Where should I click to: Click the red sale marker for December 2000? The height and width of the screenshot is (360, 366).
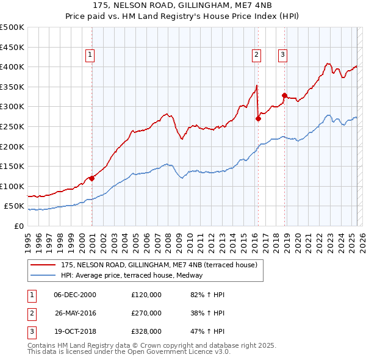coord(91,178)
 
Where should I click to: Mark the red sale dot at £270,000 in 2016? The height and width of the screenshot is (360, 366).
coord(258,119)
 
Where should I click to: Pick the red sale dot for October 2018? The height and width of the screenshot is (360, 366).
coord(284,95)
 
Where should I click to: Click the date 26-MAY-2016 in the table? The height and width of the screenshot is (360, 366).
coord(75,313)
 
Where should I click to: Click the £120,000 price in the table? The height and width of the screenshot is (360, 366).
coord(146,295)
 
